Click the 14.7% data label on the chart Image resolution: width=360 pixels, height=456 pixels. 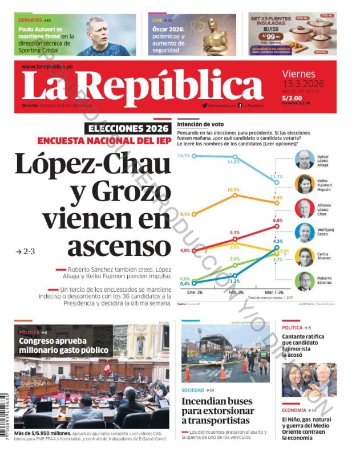pyautogui.click(x=183, y=156)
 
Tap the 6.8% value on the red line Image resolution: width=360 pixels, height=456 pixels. pyautogui.click(x=278, y=220)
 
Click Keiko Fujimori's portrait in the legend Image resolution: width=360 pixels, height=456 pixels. pyautogui.click(x=304, y=184)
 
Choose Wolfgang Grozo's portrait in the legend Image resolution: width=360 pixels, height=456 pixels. pyautogui.click(x=304, y=233)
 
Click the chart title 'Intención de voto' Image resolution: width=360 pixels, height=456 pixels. pyautogui.click(x=200, y=124)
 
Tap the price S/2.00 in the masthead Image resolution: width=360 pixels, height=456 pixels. pyautogui.click(x=292, y=97)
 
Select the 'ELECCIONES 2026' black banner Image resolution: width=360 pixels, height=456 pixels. pyautogui.click(x=127, y=128)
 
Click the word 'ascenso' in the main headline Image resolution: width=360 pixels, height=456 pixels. pyautogui.click(x=119, y=246)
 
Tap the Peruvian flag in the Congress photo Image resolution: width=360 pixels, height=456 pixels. pyautogui.click(x=107, y=367)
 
